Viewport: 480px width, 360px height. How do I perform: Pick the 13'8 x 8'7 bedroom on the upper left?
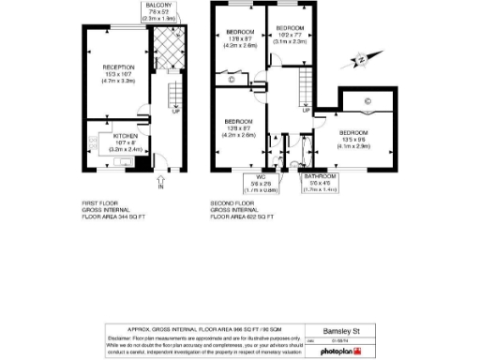(x=240, y=39)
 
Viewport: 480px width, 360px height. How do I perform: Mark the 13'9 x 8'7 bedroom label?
(x=240, y=129)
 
